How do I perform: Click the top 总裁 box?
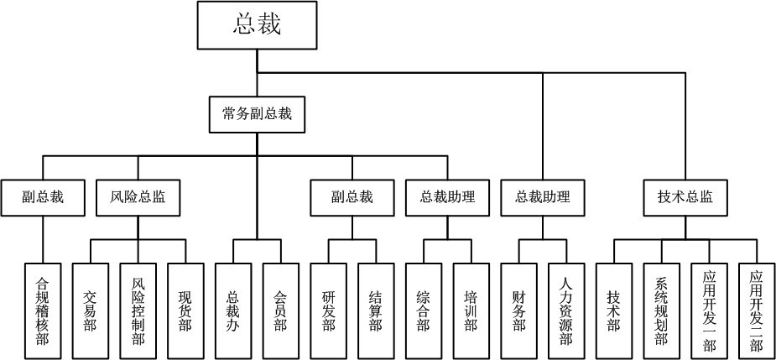tap(257, 24)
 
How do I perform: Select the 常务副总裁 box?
tap(257, 114)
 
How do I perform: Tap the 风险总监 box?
tap(138, 198)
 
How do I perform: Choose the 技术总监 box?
tap(685, 198)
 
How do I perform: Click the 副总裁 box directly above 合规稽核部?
tap(43, 198)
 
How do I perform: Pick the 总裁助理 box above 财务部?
tap(542, 198)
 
